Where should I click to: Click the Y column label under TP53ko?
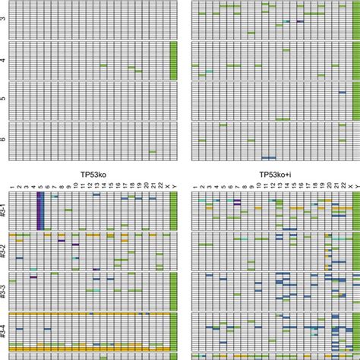click(174, 186)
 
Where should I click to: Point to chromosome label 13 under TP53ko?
click(96, 186)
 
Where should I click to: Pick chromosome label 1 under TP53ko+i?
click(195, 186)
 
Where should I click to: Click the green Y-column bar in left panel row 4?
click(174, 60)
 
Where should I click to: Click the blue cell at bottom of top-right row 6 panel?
click(268, 158)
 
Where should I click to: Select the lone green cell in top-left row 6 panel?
click(152, 152)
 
